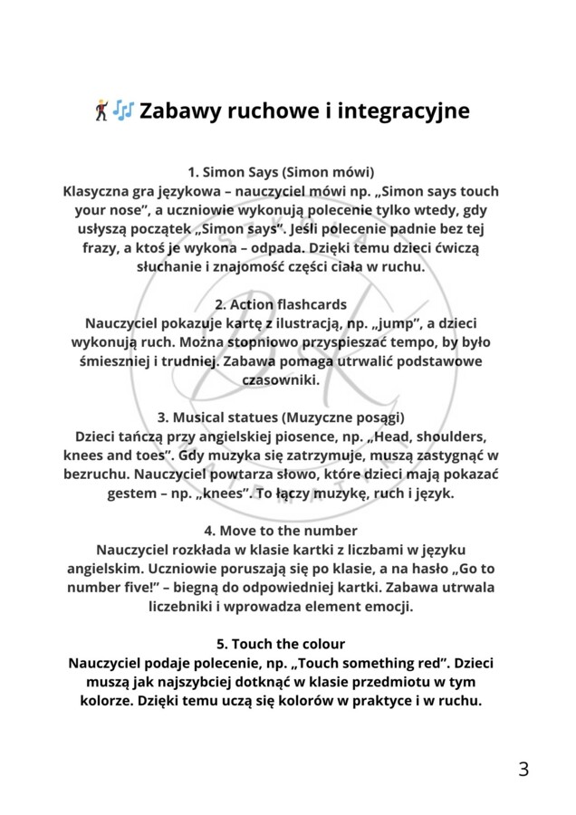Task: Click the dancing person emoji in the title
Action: (101, 111)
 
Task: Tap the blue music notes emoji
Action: (123, 111)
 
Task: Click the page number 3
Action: (523, 770)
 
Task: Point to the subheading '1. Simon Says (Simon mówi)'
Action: (281, 171)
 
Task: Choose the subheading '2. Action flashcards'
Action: (281, 304)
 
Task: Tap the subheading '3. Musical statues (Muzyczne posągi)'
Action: (281, 417)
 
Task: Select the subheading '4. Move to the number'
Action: (281, 531)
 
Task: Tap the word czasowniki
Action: (281, 380)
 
